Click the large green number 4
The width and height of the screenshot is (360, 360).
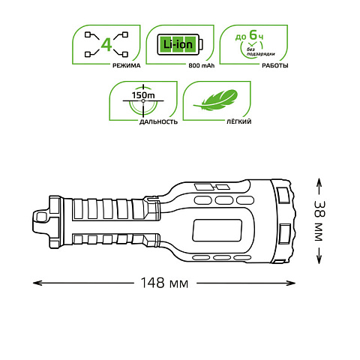106,45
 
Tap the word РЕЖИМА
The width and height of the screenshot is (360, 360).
127,65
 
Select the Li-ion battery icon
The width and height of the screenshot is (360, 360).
180,44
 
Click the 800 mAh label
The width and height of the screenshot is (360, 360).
202,65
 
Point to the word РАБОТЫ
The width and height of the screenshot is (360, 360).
275,65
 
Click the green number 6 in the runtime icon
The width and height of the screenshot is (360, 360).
253,34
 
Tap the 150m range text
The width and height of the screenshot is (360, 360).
143,95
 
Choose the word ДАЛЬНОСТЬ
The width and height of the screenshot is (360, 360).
158,121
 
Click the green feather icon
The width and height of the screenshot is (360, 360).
215,100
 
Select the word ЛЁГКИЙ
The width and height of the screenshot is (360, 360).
238,121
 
